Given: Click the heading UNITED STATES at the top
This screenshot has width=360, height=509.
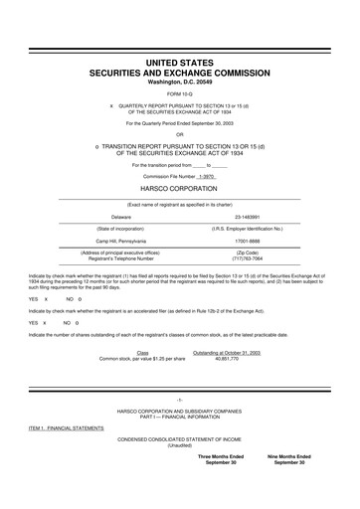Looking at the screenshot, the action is pos(180,63).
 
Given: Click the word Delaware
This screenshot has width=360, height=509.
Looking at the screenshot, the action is pos(121,215).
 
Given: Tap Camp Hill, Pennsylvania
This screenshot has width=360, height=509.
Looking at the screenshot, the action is pos(121,240).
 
